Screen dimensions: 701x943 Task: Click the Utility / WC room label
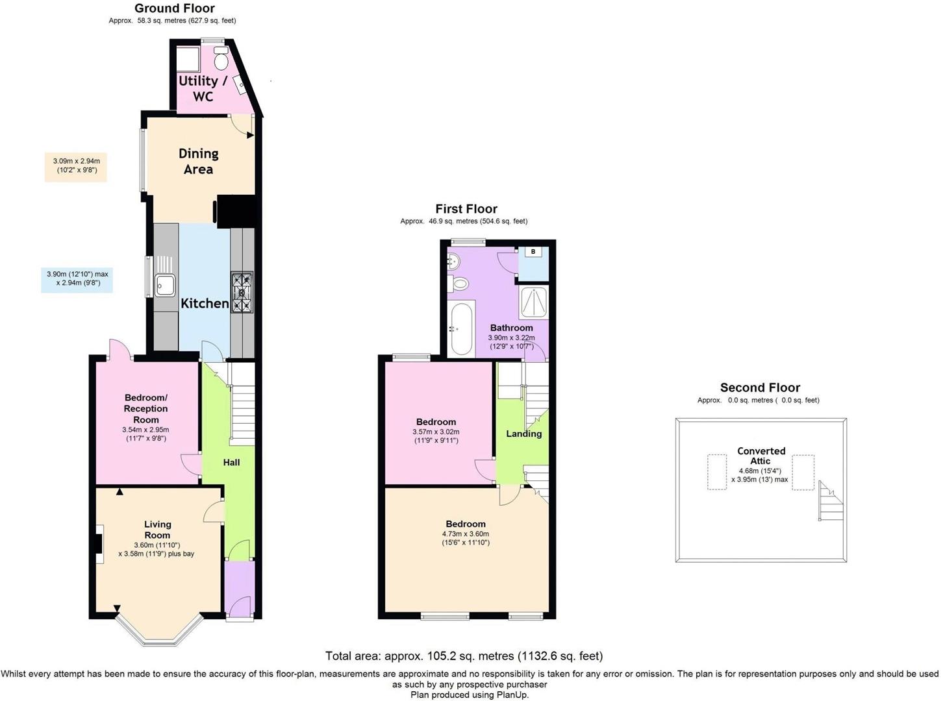[x=203, y=88]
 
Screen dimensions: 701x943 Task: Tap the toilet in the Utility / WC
[x=221, y=60]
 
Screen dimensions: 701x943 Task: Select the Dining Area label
[x=199, y=161]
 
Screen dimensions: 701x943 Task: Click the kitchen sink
[x=164, y=284]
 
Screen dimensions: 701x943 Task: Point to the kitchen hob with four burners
[x=242, y=293]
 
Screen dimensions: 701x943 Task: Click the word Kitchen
[x=205, y=303]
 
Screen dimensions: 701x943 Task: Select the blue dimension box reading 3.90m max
[x=77, y=278]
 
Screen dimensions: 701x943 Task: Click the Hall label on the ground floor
[x=231, y=462]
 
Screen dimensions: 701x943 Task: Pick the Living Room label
[x=157, y=529]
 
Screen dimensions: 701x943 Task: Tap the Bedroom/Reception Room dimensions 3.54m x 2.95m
[x=145, y=434]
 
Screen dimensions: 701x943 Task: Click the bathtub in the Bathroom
[x=461, y=328]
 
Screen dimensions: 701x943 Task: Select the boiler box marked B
[x=533, y=252]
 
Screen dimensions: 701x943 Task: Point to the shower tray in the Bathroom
[x=533, y=303]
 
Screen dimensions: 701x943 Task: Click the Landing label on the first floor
[x=523, y=434]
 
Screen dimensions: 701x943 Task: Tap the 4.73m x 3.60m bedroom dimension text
[x=466, y=538]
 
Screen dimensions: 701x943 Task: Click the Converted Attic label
[x=761, y=456]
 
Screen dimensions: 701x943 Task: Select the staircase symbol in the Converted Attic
[x=829, y=501]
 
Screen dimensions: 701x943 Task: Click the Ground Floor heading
[x=174, y=8]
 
